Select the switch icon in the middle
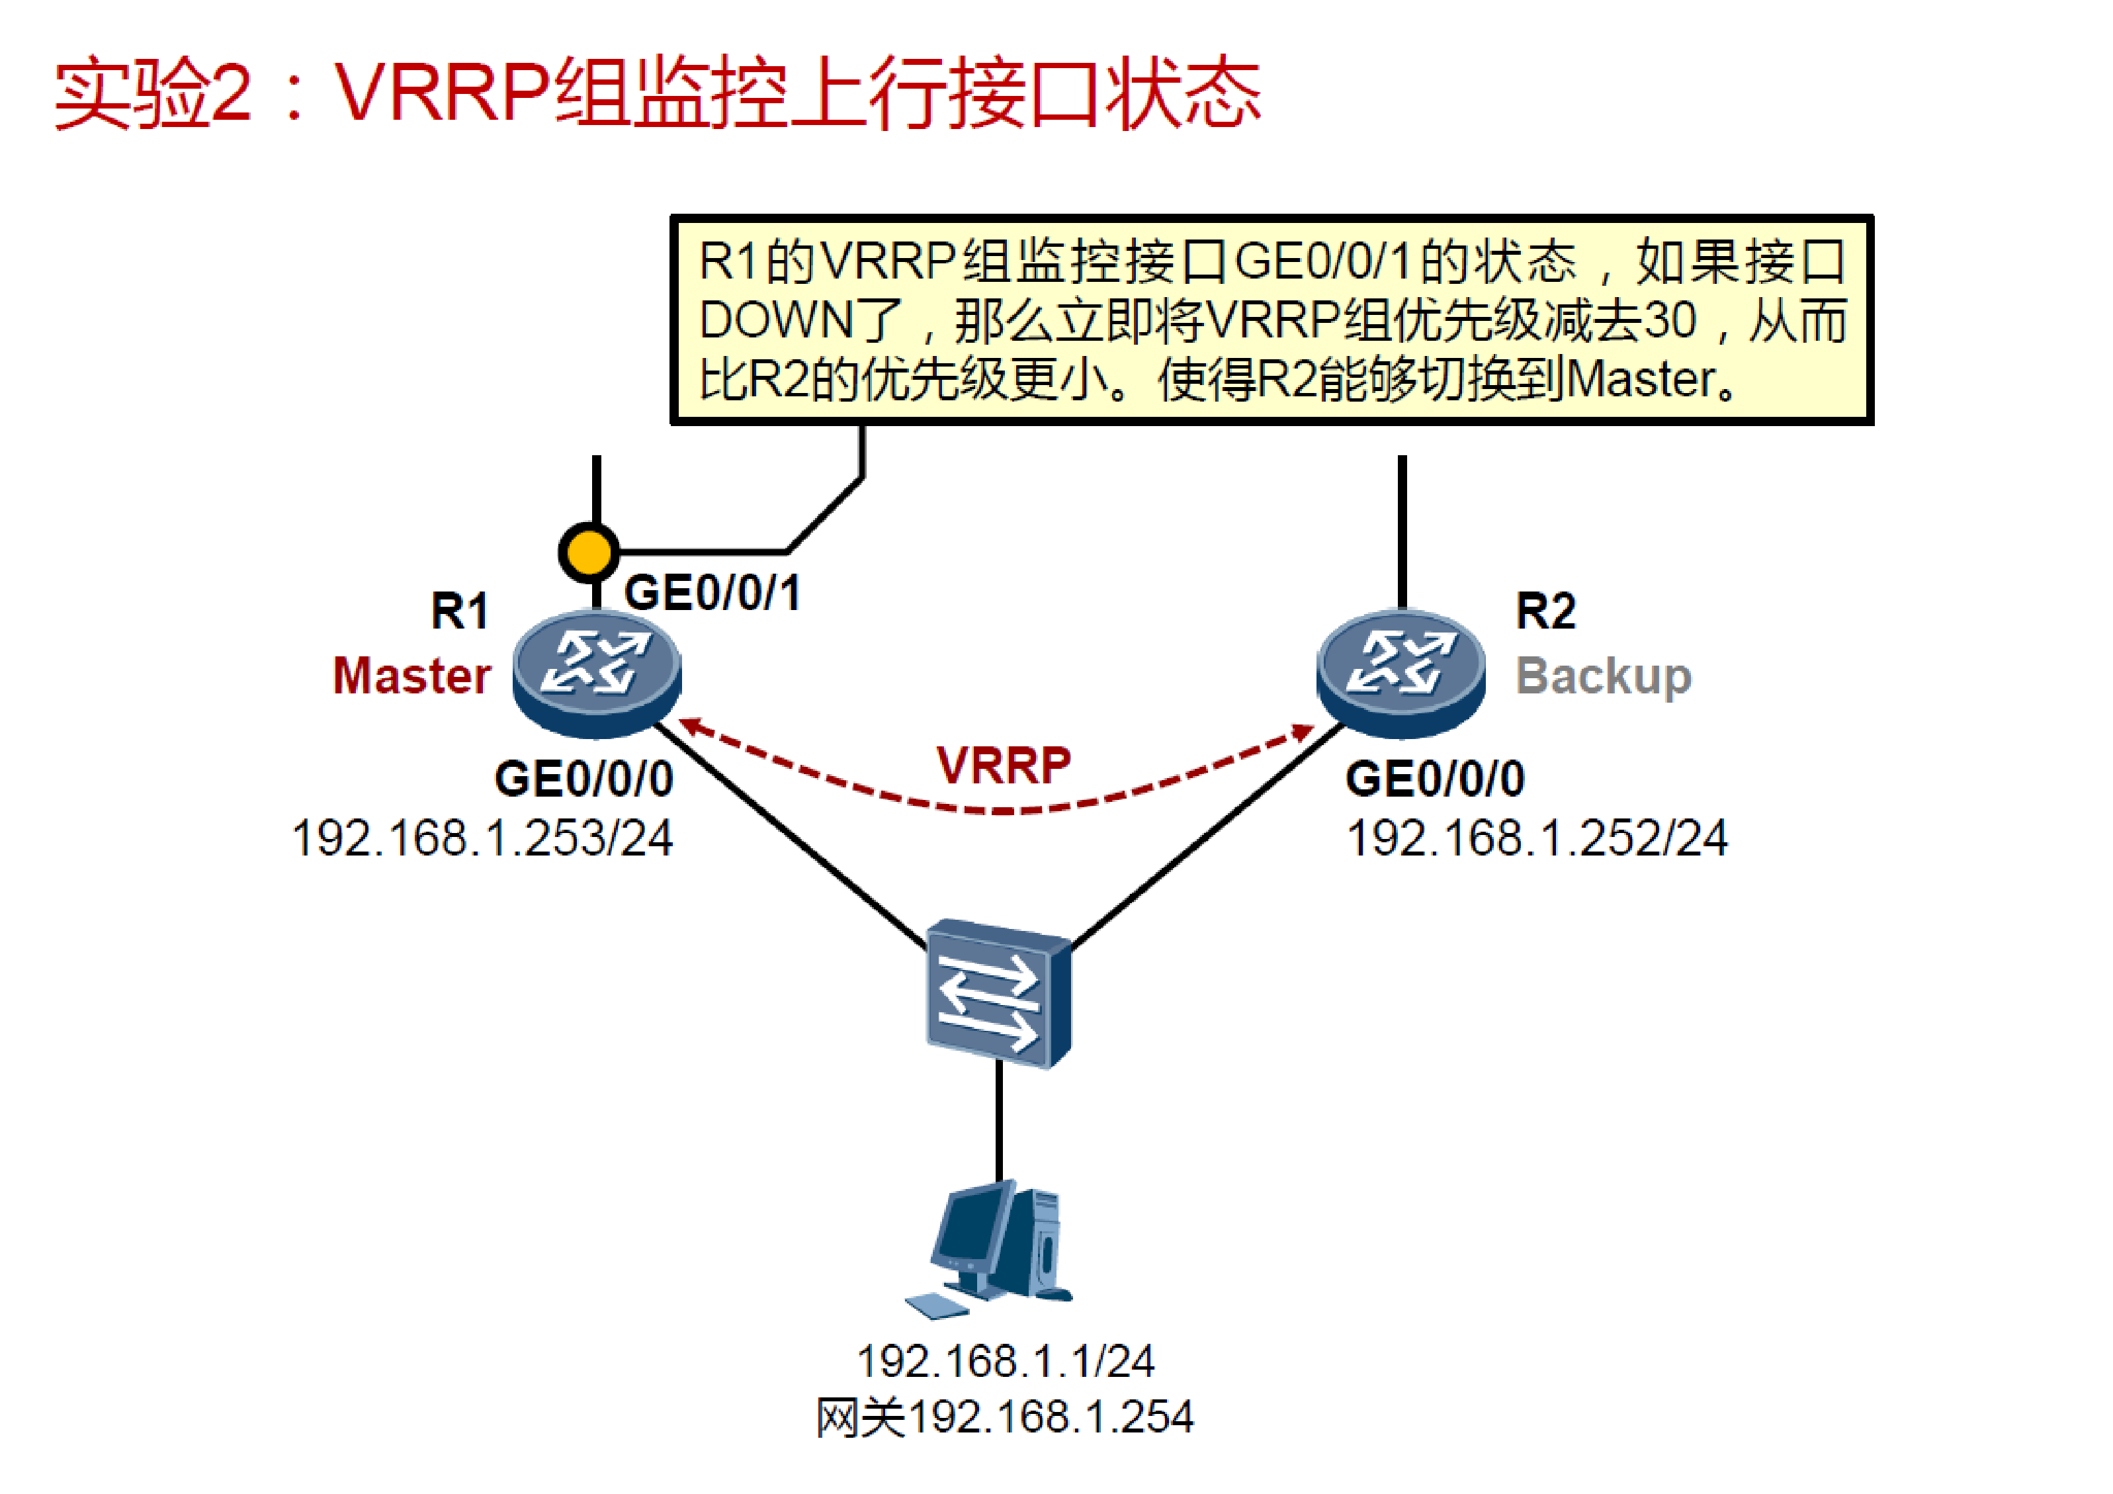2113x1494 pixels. tap(998, 992)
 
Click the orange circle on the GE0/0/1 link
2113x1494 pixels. tap(589, 552)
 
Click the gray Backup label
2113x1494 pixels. tap(1603, 677)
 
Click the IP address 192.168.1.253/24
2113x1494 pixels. tap(482, 838)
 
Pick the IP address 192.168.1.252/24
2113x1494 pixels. tap(1537, 838)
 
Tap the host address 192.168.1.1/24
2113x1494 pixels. tap(1005, 1360)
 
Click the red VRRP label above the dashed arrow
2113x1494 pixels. tap(1003, 765)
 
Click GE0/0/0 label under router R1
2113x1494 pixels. tap(583, 779)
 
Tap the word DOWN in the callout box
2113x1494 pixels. tap(776, 320)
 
